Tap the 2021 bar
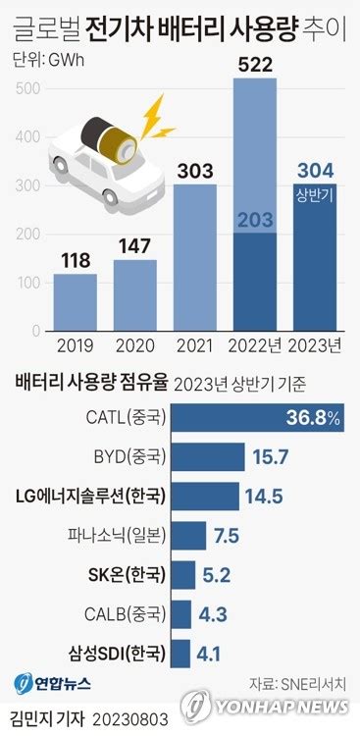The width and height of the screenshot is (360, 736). (194, 257)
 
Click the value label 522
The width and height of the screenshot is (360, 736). (254, 64)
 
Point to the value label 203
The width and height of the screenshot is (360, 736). (254, 221)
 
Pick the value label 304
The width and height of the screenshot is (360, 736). (315, 169)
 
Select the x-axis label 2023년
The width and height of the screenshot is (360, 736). (315, 344)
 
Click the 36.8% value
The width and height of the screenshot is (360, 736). (314, 418)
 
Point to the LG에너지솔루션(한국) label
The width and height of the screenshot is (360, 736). (92, 496)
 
